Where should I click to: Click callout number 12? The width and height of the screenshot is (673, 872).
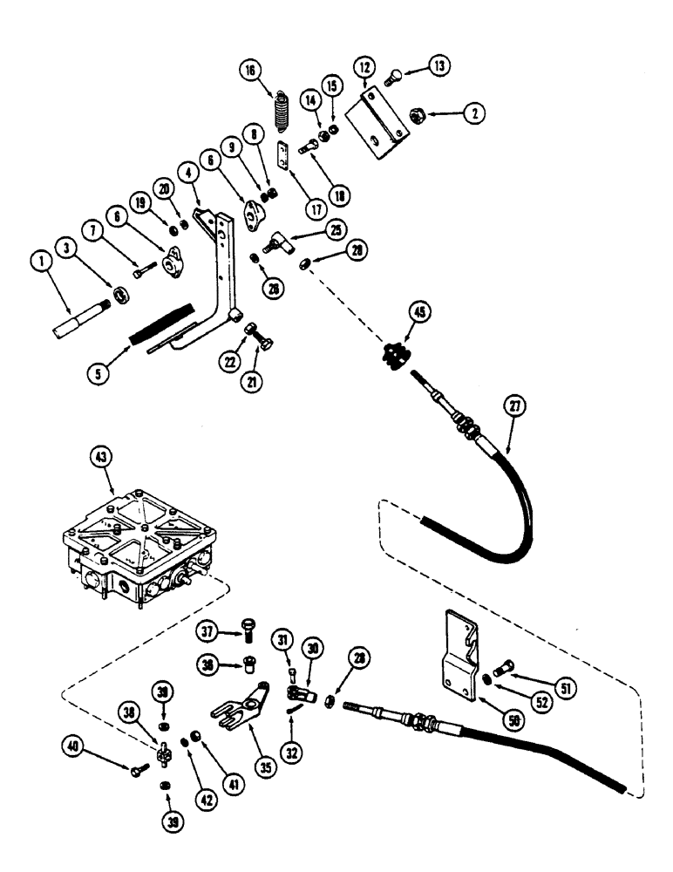click(363, 66)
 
